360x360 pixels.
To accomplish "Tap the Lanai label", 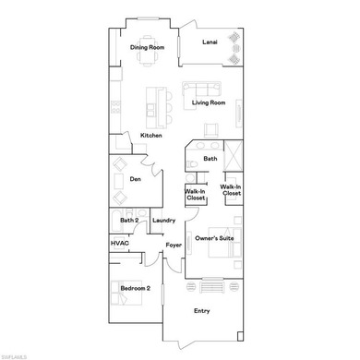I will [x=211, y=41].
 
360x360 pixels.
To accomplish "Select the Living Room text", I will [x=209, y=102].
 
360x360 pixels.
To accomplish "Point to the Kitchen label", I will [x=151, y=136].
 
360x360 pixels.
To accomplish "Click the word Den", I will [x=135, y=178].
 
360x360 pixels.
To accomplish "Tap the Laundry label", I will [x=163, y=220].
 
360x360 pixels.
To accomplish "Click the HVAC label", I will [x=120, y=243].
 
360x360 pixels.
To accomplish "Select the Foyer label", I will [x=174, y=245].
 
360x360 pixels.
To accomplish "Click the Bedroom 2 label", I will [x=135, y=289].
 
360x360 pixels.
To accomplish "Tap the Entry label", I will [x=201, y=310].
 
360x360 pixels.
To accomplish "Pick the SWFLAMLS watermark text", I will [x=18, y=354].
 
